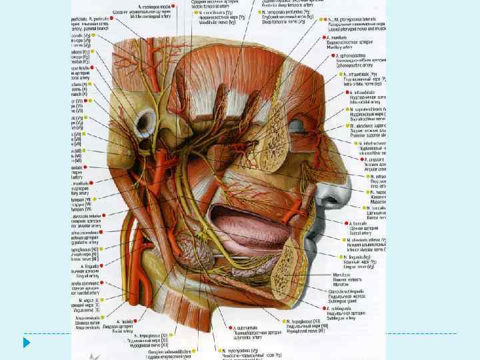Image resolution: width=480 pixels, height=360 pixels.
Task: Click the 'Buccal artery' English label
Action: point(360,236)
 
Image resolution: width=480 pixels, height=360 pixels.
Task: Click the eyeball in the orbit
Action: point(295,127)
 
